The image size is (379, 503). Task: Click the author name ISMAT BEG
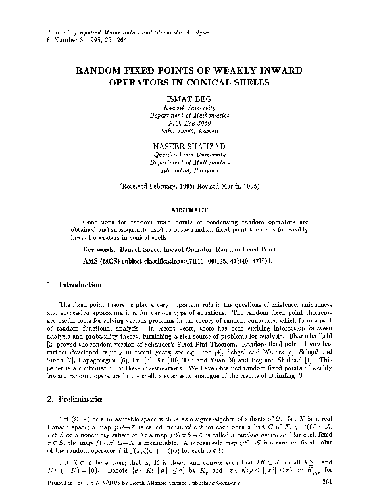tap(189, 98)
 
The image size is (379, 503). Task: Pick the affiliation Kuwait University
tap(189, 107)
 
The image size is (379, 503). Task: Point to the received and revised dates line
tap(189, 187)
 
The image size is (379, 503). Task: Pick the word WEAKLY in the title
tap(252, 69)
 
